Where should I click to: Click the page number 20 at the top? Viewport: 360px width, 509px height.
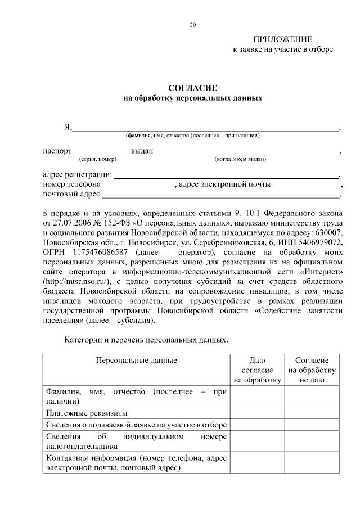[193, 25]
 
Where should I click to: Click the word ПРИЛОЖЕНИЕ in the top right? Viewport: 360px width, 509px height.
[283, 39]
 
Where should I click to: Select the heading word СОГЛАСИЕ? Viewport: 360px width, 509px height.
[192, 88]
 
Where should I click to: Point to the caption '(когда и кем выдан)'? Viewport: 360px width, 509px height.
[240, 159]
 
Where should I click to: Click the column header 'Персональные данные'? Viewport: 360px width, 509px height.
[136, 361]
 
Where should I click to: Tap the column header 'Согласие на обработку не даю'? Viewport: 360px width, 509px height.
[312, 370]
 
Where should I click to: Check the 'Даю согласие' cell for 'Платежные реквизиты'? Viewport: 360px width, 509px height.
[256, 413]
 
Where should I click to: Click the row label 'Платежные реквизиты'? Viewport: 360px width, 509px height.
[82, 413]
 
